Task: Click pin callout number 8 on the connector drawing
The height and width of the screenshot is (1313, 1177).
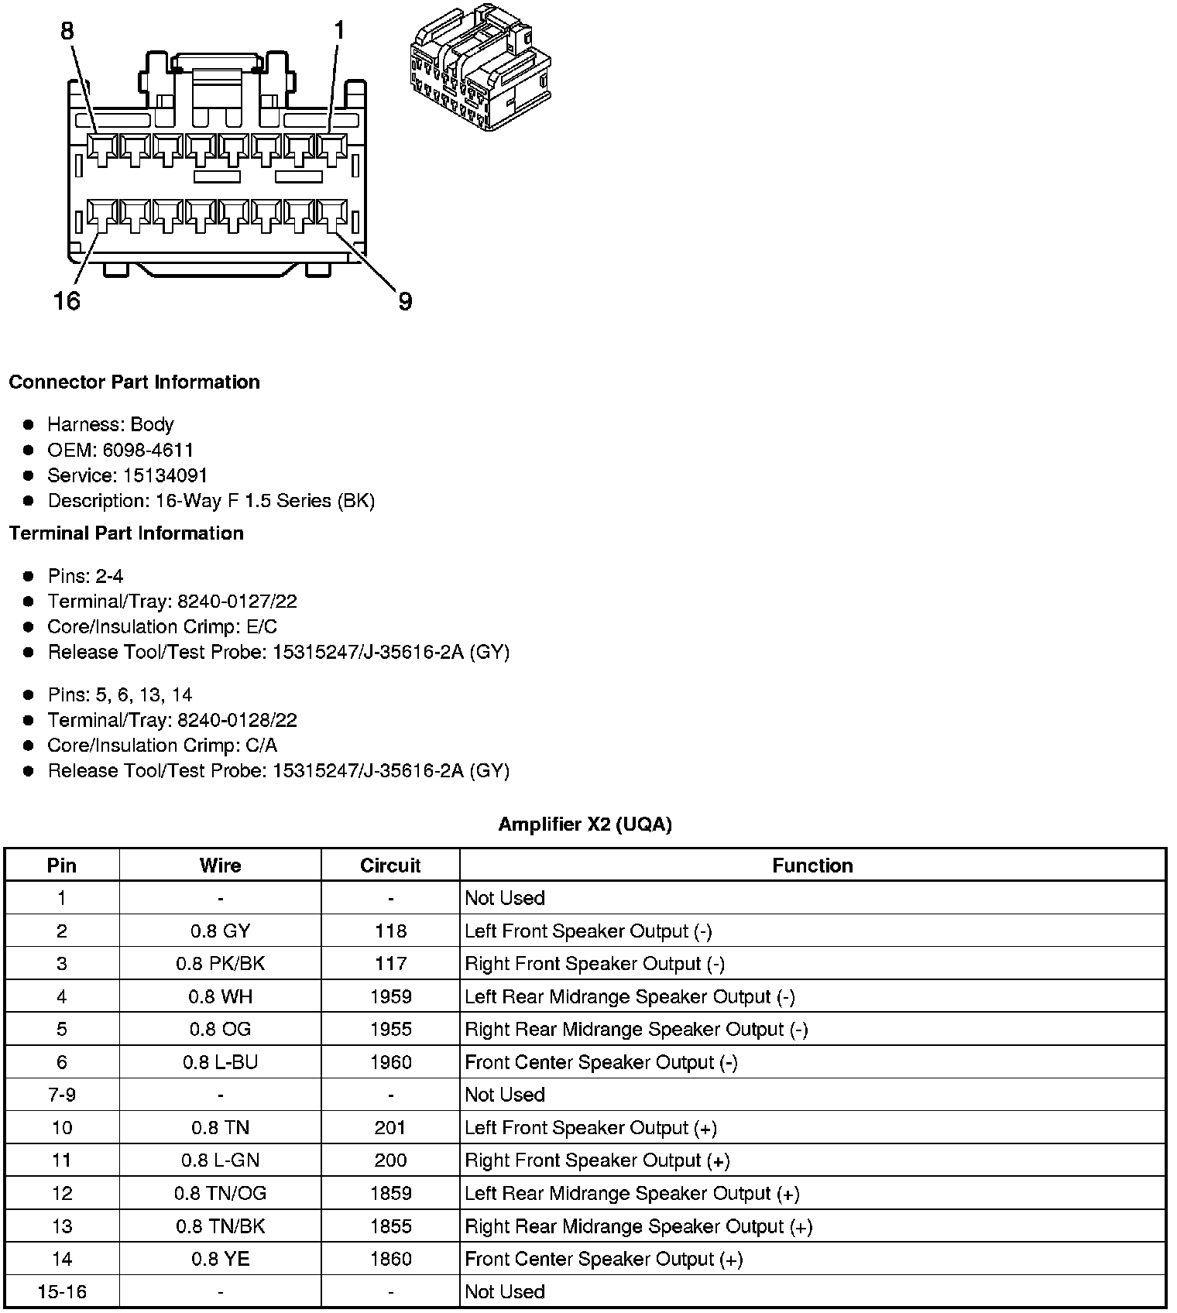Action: click(x=67, y=31)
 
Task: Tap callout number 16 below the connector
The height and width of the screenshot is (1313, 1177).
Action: click(x=67, y=300)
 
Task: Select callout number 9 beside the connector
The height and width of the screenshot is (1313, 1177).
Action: click(x=405, y=301)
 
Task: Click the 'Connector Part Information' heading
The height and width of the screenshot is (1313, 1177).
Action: click(x=135, y=382)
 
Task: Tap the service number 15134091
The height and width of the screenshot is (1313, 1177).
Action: click(x=165, y=475)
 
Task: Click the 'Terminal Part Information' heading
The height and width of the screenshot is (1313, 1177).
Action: click(x=126, y=533)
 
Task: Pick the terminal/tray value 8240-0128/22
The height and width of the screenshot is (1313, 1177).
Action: click(x=237, y=720)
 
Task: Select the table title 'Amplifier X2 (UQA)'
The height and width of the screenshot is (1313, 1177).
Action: click(x=585, y=824)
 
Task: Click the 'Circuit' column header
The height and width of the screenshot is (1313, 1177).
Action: click(x=390, y=866)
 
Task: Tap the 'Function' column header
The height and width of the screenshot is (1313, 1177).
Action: click(x=812, y=866)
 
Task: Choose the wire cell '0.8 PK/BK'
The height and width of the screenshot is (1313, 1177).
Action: click(x=220, y=964)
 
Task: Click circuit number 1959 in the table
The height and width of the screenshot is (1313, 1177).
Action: click(x=390, y=996)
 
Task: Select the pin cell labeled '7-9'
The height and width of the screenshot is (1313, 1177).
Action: click(x=62, y=1095)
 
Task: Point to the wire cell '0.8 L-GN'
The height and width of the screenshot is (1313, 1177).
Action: click(x=220, y=1160)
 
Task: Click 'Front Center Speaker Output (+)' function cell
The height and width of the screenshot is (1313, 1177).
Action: click(x=604, y=1259)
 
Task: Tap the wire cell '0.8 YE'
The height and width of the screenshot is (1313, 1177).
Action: click(x=220, y=1259)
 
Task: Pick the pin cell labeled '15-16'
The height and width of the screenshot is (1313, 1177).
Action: click(x=62, y=1291)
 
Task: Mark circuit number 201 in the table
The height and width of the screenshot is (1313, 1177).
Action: click(x=390, y=1128)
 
